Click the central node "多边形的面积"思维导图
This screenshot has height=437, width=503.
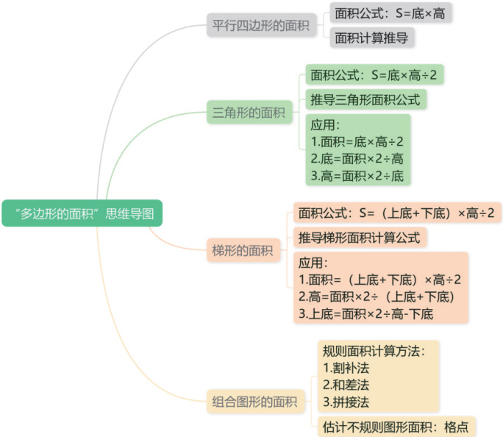pos(81,214)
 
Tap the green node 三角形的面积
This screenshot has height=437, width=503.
pos(248,113)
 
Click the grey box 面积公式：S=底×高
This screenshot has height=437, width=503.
pos(389,13)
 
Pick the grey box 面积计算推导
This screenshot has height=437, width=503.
pos(371,38)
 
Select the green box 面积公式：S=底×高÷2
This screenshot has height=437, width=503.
pos(375,74)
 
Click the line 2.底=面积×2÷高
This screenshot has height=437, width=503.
pos(357,159)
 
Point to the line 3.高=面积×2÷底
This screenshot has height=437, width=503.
pos(357,176)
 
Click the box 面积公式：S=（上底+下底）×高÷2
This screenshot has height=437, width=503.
pos(396,213)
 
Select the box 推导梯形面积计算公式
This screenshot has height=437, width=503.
pos(360,238)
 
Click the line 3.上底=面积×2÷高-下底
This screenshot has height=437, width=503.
pos(366,314)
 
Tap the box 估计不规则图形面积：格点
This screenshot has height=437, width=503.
pos(396,427)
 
